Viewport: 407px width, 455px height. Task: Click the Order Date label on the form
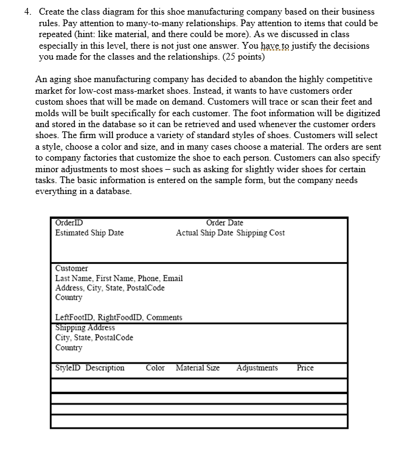coord(224,223)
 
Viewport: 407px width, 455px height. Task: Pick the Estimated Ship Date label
coord(89,233)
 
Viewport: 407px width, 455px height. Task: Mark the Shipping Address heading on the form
coord(85,328)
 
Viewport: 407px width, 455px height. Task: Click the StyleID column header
coord(68,368)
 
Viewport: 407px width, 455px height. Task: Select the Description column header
coord(105,368)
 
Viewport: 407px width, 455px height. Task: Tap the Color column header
coord(155,368)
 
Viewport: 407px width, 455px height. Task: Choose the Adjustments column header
coord(257,368)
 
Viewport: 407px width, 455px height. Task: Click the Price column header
coord(305,368)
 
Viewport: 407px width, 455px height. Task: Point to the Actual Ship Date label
coord(204,233)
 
